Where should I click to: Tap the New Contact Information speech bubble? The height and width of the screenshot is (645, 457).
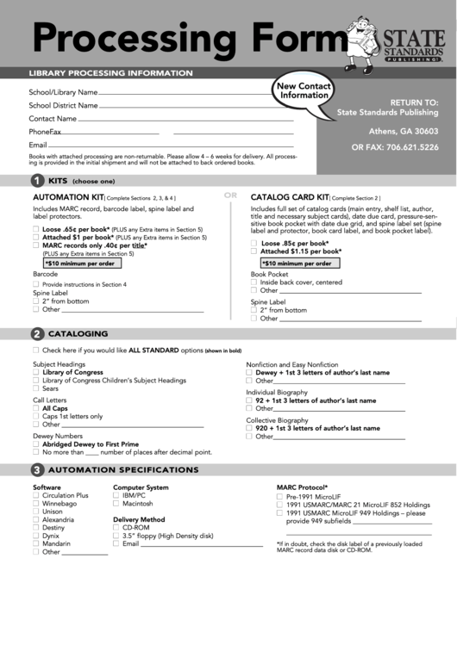pyautogui.click(x=304, y=91)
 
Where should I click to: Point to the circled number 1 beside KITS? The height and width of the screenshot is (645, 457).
pyautogui.click(x=37, y=181)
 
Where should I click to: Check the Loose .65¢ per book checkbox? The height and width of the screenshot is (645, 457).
pyautogui.click(x=36, y=230)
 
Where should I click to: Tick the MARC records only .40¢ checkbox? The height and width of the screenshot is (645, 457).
pyautogui.click(x=36, y=245)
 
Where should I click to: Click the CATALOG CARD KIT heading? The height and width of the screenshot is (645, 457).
pyautogui.click(x=290, y=197)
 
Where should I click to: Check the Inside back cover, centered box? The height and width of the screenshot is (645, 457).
pyautogui.click(x=254, y=282)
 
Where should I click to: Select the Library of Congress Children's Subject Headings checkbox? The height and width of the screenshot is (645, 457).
pyautogui.click(x=36, y=380)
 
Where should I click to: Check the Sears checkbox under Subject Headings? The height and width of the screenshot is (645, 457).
pyautogui.click(x=36, y=388)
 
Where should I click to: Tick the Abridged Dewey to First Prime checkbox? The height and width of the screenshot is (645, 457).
pyautogui.click(x=36, y=444)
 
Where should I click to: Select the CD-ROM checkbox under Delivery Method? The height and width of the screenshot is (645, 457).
pyautogui.click(x=116, y=528)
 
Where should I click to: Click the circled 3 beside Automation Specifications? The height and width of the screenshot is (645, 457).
pyautogui.click(x=37, y=469)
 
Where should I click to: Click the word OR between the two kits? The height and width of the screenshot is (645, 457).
pyautogui.click(x=230, y=195)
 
